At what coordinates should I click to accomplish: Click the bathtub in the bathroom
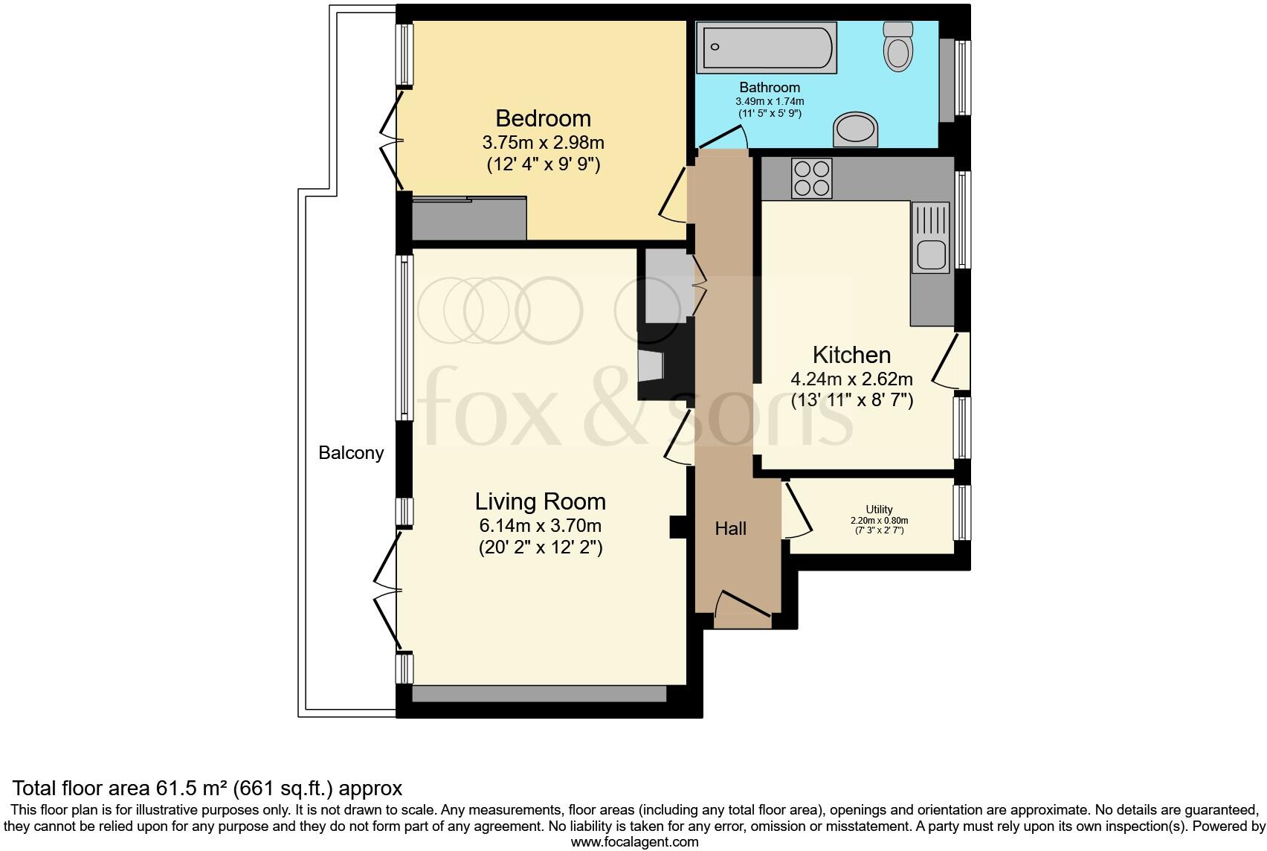coord(766,48)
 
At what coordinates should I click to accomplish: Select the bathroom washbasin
coord(856,130)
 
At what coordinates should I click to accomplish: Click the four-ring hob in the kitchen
coord(811,179)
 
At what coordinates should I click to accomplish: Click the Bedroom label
coord(543,118)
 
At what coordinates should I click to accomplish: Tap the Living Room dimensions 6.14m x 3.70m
coord(541,525)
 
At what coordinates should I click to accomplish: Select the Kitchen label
coord(851,355)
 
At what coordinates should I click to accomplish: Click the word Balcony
coord(351,452)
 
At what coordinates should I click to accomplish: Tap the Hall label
coord(730,529)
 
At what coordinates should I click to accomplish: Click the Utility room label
coord(879,510)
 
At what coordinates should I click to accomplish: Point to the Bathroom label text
coord(770,87)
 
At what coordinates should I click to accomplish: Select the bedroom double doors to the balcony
coord(388,140)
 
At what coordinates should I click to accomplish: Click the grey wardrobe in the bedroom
coord(469,219)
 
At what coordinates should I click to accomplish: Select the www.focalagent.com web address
coord(633,842)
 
